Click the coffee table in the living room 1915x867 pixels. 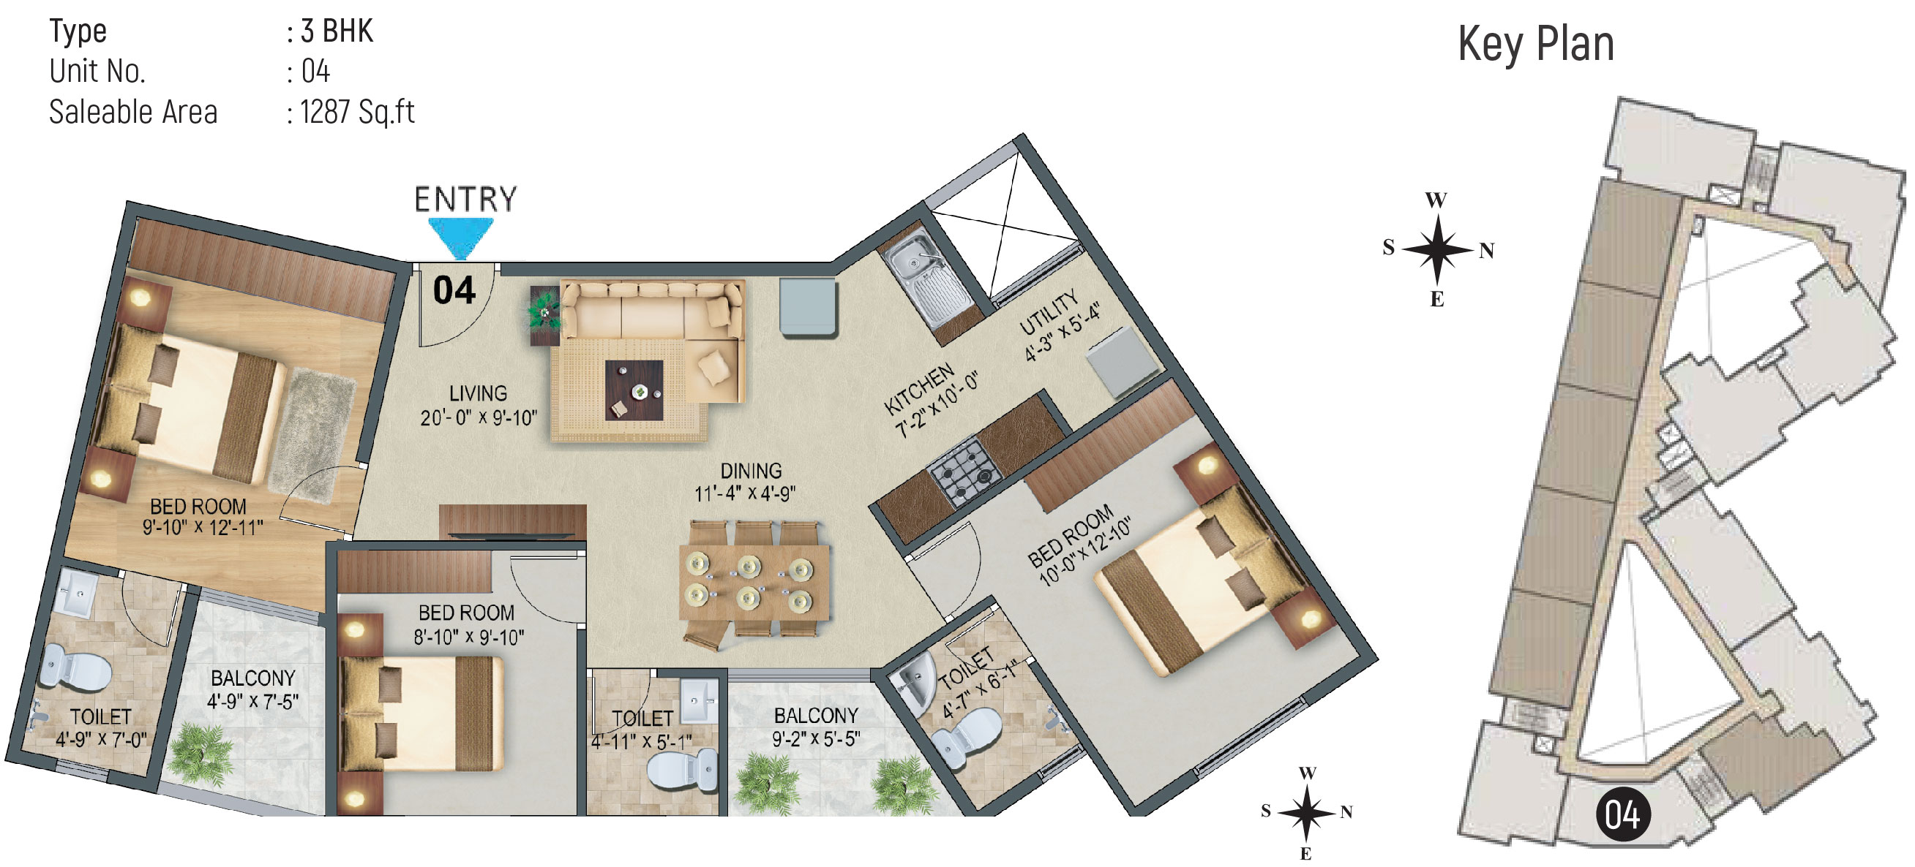click(634, 390)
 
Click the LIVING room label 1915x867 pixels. click(478, 393)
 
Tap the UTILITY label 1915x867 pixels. click(1048, 312)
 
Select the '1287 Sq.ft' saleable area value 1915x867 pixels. click(358, 112)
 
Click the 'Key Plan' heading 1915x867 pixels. click(1536, 44)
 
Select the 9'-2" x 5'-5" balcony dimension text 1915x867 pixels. click(816, 738)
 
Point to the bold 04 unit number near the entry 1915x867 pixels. click(454, 289)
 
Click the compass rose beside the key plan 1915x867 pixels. click(1438, 249)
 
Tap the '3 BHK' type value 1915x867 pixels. click(337, 31)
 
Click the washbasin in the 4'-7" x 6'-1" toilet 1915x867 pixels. click(916, 681)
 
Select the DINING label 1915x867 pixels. click(751, 470)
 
